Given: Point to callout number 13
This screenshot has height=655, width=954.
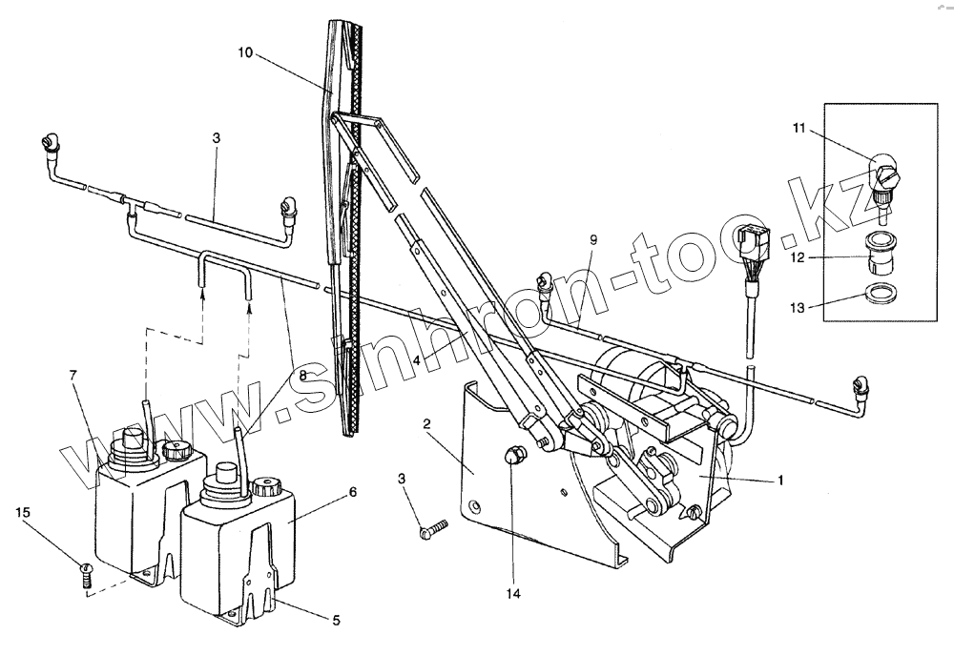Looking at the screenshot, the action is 798,307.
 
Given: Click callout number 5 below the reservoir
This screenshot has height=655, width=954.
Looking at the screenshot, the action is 335,621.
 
